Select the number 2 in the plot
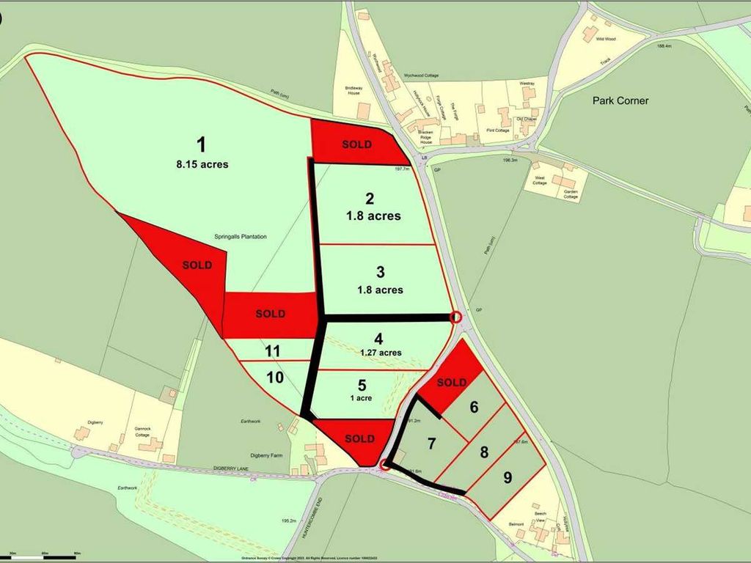click(370, 198)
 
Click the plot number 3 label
click(380, 272)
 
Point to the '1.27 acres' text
click(380, 353)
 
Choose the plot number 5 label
click(362, 384)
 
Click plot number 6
click(474, 407)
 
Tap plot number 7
click(432, 444)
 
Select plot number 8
click(484, 452)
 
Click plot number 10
click(274, 378)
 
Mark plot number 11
click(273, 351)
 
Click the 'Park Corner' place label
click(620, 100)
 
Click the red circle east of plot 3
click(455, 317)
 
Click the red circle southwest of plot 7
click(385, 463)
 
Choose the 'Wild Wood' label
click(605, 38)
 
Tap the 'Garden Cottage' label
click(571, 195)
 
